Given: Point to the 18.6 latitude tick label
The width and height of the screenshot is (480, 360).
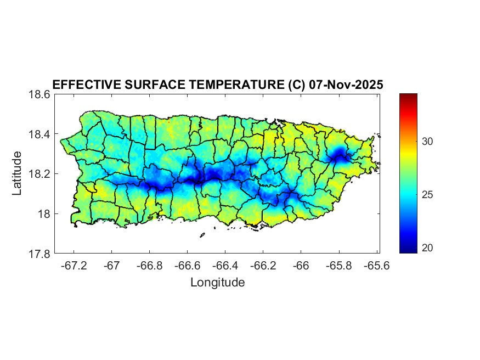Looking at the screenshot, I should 39,94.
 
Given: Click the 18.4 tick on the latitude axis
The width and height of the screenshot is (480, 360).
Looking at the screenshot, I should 39,134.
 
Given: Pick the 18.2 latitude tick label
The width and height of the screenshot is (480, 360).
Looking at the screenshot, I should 39,174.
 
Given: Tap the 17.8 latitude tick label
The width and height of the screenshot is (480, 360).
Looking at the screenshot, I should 39,254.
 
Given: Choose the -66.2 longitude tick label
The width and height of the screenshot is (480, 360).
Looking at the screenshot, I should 263,266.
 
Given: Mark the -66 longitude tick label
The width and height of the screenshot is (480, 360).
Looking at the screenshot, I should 301,266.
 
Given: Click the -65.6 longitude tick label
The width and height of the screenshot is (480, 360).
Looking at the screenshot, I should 376,266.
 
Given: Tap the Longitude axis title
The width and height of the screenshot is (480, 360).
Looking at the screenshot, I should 217,283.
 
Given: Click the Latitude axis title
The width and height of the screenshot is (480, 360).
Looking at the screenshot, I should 17,173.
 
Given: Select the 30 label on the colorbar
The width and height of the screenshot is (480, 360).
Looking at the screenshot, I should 429,142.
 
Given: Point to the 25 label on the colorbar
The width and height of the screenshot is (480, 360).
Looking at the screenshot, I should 429,195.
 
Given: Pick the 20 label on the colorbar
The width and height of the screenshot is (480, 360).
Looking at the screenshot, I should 429,248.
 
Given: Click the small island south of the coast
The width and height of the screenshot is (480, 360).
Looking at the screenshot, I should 202,235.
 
